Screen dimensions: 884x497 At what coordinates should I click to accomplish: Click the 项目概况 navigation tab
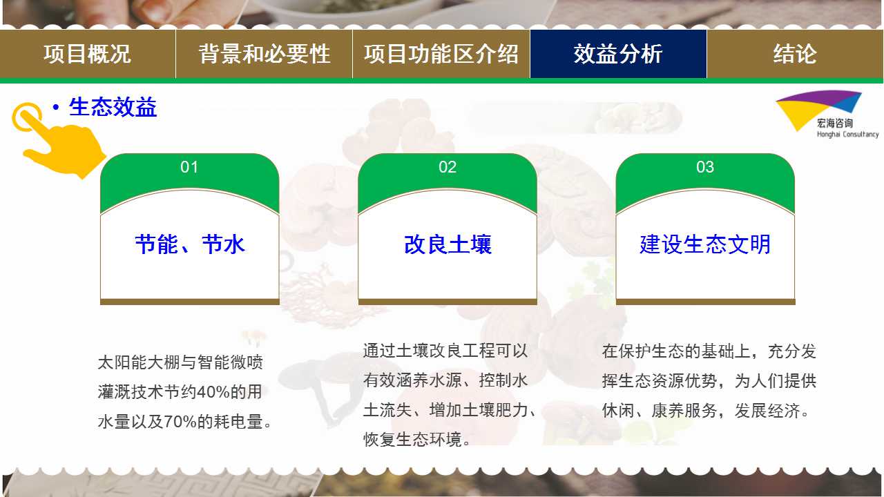87,54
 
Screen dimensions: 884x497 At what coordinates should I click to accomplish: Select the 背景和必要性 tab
264,54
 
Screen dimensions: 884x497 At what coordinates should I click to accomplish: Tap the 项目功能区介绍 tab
441,54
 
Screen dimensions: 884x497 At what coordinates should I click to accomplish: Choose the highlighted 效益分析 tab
618,54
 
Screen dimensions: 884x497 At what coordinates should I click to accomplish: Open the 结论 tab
795,54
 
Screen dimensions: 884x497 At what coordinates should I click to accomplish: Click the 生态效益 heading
113,107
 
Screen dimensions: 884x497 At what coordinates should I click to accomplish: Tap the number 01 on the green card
189,167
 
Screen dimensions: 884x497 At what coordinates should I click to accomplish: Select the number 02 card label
448,167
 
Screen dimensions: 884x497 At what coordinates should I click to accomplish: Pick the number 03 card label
705,167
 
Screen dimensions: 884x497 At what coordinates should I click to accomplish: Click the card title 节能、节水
190,244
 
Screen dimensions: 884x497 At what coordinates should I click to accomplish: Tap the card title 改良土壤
448,244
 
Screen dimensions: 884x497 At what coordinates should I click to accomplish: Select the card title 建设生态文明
705,244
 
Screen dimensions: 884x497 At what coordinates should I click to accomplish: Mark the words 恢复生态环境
412,440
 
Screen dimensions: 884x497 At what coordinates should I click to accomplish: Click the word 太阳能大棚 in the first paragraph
139,362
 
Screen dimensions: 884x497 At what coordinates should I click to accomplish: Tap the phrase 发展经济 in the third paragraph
767,411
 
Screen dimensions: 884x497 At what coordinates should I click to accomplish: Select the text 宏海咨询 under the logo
835,124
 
